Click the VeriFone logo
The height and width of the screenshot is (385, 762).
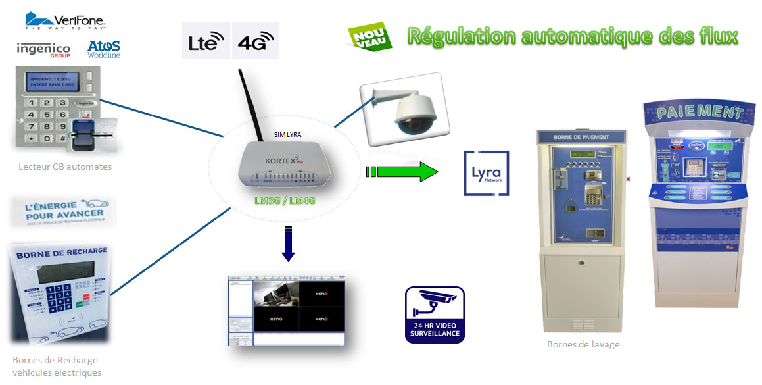tap(66, 20)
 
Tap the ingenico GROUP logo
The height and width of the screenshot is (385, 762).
tap(43, 49)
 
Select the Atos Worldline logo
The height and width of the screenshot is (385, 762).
tap(104, 49)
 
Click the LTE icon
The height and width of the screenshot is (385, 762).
tap(206, 41)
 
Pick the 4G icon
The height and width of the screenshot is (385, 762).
tap(256, 41)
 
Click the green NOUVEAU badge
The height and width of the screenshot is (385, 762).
tap(369, 36)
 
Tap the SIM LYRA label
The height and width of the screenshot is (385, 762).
tap(287, 134)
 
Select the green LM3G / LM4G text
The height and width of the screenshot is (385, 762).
tap(285, 199)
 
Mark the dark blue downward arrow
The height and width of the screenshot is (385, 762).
tap(288, 243)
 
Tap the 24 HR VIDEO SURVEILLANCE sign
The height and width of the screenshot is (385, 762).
tap(434, 315)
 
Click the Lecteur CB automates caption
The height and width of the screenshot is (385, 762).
tap(65, 167)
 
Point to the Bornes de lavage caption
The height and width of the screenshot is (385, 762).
tap(583, 344)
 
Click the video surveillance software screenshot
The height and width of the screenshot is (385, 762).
tap(286, 312)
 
